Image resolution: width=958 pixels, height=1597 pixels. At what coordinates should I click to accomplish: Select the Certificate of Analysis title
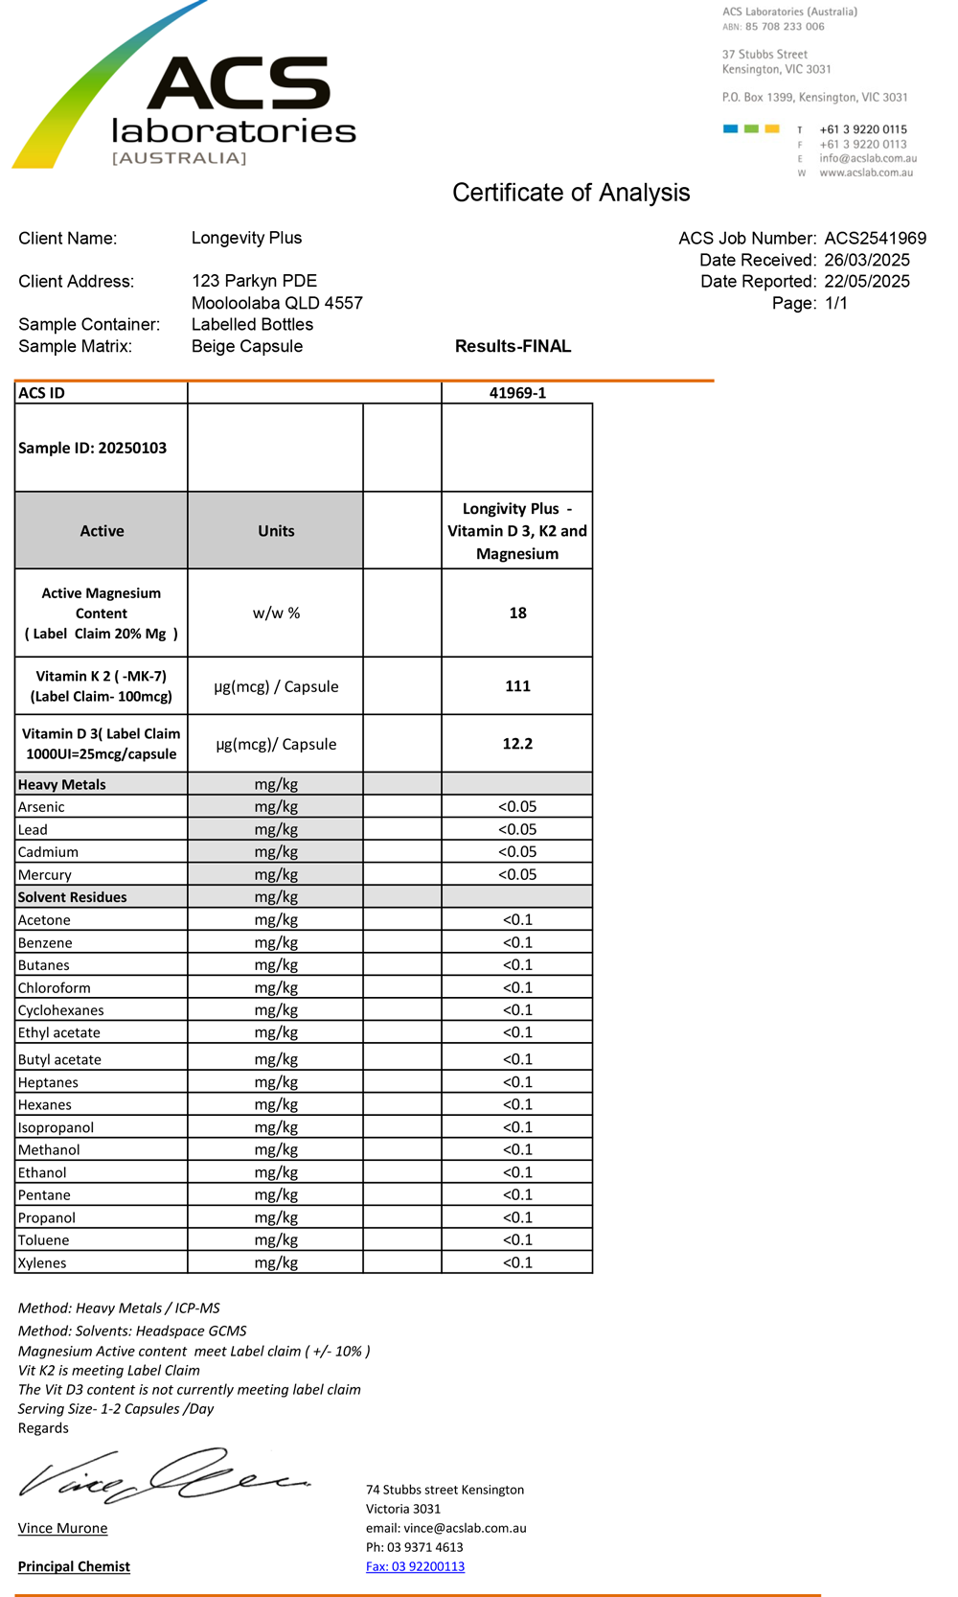[x=571, y=193]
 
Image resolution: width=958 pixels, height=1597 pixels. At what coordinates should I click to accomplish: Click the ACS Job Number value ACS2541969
[x=875, y=239]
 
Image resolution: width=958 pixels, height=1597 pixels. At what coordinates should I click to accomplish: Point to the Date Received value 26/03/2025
[x=866, y=261]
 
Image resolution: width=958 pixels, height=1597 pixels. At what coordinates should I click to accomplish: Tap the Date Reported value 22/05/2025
[x=866, y=282]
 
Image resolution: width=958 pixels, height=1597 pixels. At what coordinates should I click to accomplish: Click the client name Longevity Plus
[x=246, y=238]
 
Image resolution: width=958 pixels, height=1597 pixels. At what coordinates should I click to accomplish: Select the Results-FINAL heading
[x=513, y=346]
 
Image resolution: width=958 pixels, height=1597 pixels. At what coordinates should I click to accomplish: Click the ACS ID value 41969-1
[x=517, y=393]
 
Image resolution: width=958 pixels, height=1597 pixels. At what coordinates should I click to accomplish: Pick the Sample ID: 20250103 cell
[x=93, y=448]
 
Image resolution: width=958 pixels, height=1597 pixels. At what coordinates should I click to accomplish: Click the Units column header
[x=276, y=531]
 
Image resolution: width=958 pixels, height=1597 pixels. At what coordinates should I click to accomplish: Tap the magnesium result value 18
[x=517, y=613]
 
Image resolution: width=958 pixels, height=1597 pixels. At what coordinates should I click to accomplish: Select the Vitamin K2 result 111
[x=517, y=686]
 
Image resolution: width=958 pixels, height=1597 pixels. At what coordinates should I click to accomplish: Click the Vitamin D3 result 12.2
[x=517, y=744]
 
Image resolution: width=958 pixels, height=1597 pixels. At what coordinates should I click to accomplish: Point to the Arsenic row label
[x=41, y=807]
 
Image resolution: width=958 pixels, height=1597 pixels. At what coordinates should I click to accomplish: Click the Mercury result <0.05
[x=517, y=874]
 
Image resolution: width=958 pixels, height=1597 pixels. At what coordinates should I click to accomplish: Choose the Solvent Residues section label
[x=73, y=897]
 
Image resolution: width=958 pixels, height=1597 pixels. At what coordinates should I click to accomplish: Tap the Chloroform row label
[x=55, y=987]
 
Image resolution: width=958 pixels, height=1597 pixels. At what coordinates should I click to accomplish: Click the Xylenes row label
[x=42, y=1262]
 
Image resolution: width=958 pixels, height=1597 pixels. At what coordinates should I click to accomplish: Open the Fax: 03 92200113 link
[x=415, y=1566]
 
